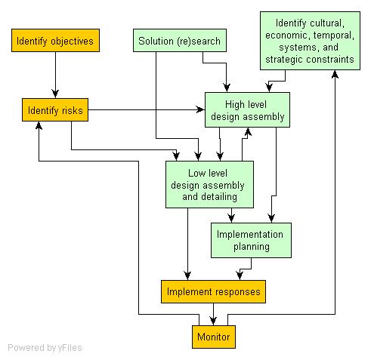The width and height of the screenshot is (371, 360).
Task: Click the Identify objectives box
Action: [x=55, y=41]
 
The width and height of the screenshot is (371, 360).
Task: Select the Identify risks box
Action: [x=55, y=110]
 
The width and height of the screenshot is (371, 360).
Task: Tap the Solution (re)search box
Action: [x=180, y=41]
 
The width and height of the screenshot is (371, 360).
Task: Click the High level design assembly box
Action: [x=247, y=110]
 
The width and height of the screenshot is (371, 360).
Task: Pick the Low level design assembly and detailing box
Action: [x=209, y=185]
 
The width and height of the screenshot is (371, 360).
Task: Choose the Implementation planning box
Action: [x=251, y=240]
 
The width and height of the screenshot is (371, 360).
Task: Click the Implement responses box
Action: [x=213, y=291]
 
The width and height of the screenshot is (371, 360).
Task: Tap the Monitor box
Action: [x=214, y=337]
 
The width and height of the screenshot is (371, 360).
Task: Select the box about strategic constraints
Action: [x=310, y=41]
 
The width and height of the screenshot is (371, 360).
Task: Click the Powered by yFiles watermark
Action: [x=45, y=348]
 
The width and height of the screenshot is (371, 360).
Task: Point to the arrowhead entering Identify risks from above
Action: [x=55, y=94]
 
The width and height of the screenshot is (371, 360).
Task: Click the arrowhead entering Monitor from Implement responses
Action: [x=213, y=321]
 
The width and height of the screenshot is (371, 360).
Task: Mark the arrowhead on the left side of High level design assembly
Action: [x=200, y=109]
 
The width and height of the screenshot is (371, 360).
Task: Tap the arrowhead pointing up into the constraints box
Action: [x=335, y=75]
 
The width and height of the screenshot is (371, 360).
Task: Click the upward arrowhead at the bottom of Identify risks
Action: [x=39, y=126]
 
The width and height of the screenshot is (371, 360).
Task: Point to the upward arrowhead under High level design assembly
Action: [x=248, y=132]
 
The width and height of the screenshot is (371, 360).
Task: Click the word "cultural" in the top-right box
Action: [x=327, y=23]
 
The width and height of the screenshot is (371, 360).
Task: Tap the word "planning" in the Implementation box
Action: [x=252, y=247]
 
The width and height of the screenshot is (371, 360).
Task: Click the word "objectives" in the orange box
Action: [x=72, y=41]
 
